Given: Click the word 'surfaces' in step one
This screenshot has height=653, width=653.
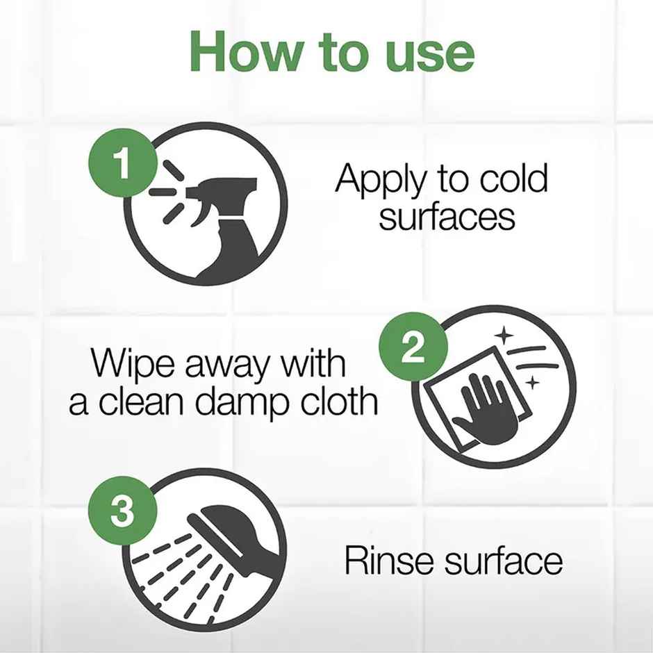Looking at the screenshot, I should [447, 217].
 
